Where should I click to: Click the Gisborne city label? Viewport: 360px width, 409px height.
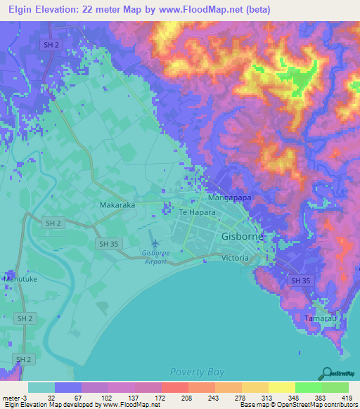pyautogui.click(x=243, y=237)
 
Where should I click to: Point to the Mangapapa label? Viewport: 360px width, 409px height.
pyautogui.click(x=229, y=199)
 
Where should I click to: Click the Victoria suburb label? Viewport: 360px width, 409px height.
pyautogui.click(x=235, y=258)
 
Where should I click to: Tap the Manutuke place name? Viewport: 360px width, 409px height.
pyautogui.click(x=21, y=279)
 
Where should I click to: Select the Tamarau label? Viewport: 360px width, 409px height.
pyautogui.click(x=321, y=318)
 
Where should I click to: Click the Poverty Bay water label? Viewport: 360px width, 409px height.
pyautogui.click(x=195, y=370)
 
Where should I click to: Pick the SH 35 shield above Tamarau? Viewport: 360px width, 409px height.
pyautogui.click(x=300, y=280)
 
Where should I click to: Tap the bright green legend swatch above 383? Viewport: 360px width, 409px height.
pyautogui.click(x=308, y=387)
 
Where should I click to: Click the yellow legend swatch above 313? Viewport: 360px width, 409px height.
pyautogui.click(x=255, y=387)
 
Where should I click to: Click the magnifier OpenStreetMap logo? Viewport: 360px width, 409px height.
pyautogui.click(x=326, y=373)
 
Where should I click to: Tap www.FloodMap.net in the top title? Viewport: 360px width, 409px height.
pyautogui.click(x=220, y=9)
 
